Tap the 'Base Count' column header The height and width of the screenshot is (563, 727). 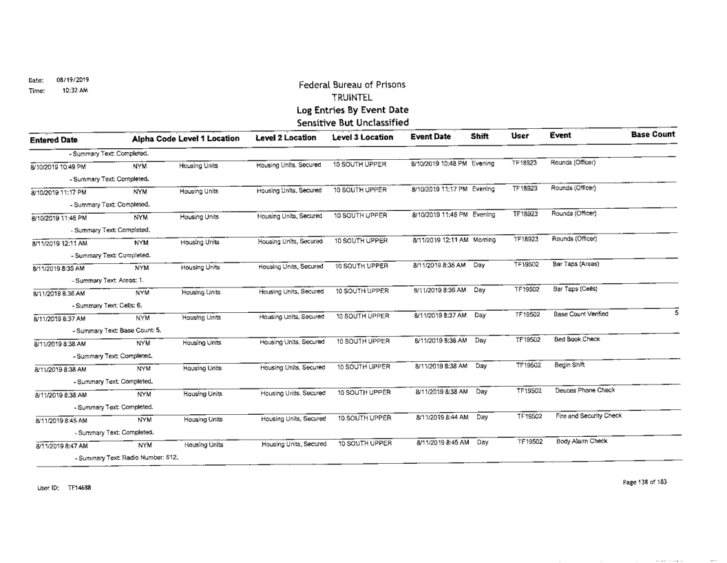point(653,134)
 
